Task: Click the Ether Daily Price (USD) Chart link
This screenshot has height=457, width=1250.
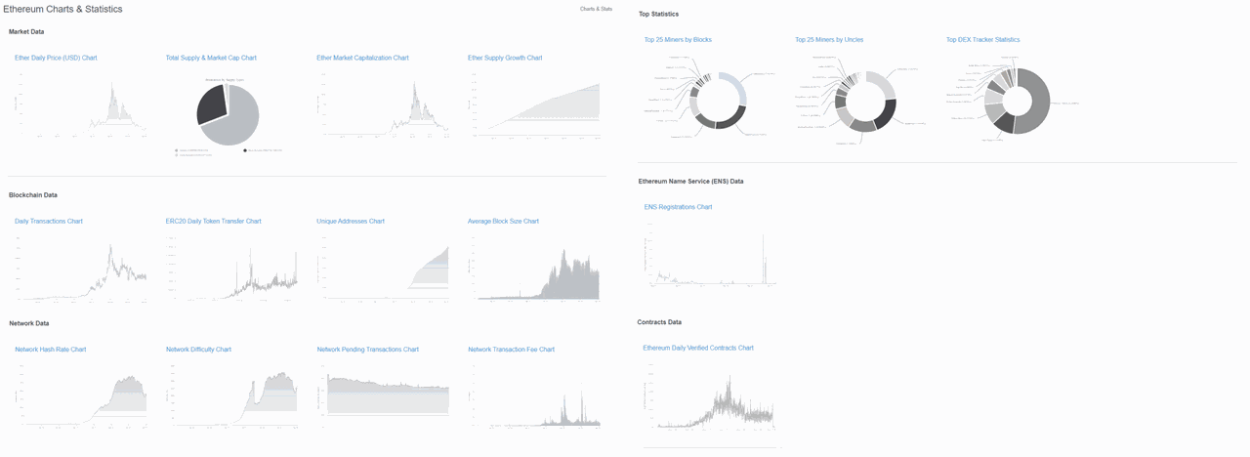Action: pos(56,58)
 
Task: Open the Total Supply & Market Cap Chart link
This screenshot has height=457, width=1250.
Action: pos(211,58)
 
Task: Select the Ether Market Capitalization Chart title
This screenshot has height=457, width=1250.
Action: pos(362,58)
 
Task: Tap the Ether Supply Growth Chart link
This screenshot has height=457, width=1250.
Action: pos(505,58)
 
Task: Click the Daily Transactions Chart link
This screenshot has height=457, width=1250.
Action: pos(49,222)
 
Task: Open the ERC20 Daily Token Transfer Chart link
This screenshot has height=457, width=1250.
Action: pos(213,222)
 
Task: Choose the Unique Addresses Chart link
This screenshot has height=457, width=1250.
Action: pos(351,222)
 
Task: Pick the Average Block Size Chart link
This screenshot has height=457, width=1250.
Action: pos(503,222)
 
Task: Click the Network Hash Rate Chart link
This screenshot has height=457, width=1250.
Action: pos(51,350)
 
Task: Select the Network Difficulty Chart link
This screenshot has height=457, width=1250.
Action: pos(198,350)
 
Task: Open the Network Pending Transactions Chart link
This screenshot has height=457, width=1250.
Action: pos(368,350)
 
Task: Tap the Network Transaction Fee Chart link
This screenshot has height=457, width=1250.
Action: pos(511,350)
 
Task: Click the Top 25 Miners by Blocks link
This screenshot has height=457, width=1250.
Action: pos(678,40)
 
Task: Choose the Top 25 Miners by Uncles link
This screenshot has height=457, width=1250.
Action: pos(829,40)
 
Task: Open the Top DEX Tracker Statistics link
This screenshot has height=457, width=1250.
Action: pos(982,40)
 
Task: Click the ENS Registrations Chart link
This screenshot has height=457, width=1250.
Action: pos(678,207)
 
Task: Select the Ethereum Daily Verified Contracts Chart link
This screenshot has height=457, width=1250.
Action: pos(698,348)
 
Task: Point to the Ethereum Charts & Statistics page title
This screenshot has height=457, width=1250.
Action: pos(63,9)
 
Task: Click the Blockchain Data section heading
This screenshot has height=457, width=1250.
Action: pos(33,195)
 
